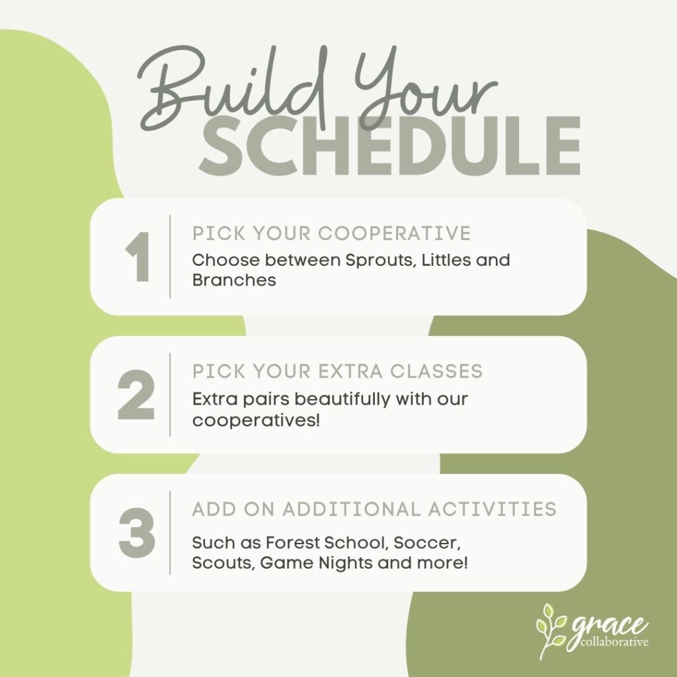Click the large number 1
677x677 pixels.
(138, 257)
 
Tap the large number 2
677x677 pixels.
(136, 395)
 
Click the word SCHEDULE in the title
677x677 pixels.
(389, 146)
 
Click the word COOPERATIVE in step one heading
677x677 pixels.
(394, 233)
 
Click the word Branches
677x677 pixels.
(234, 280)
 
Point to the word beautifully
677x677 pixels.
(342, 400)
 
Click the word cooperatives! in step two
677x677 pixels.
(256, 420)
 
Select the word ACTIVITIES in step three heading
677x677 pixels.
(492, 510)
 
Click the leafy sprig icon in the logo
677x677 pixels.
(551, 631)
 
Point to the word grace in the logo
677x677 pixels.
(610, 625)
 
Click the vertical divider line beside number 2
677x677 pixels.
(170, 395)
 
